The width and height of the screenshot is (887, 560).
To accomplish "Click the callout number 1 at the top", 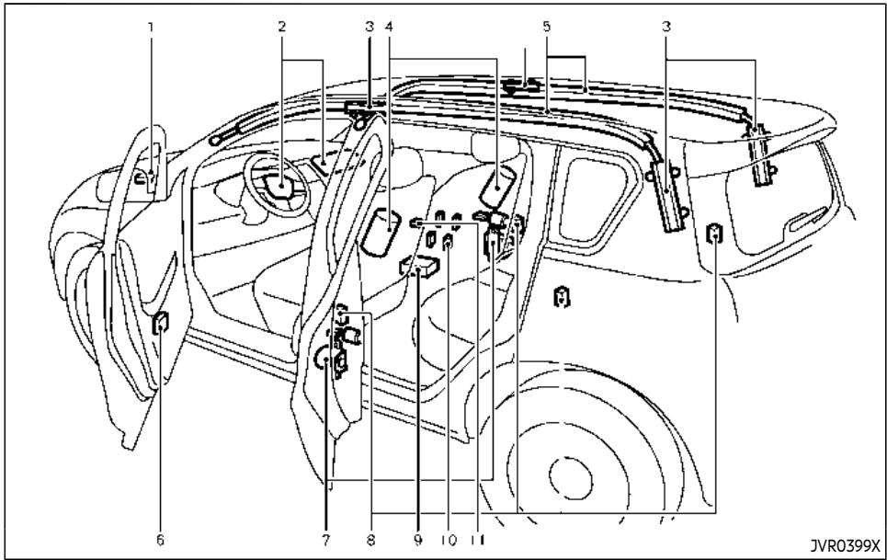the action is coord(151,27).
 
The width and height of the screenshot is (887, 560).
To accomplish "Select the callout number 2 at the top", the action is coord(281,27).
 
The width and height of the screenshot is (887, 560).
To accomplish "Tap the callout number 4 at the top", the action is coord(389,27).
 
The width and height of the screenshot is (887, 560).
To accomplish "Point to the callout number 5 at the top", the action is coord(546,27).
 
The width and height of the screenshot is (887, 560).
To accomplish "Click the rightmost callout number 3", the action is coord(667,27).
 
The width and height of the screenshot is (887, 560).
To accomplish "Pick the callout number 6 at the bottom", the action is coord(160,540).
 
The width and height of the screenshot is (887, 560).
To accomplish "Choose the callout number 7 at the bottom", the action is coord(325,540).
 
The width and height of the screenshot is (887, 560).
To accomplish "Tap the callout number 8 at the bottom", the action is coord(370,540).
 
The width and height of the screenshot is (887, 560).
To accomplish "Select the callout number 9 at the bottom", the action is coord(417,540).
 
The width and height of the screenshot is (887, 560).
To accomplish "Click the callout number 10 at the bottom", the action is coord(448,540).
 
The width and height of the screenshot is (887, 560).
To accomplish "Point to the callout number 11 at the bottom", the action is coord(478,540).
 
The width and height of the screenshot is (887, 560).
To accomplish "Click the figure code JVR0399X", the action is coord(845,546).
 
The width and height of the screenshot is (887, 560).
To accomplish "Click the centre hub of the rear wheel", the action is coord(570,480).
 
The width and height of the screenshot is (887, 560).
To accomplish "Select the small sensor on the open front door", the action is coord(161,323).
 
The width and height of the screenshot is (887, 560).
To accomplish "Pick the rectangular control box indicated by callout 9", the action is coord(420,266).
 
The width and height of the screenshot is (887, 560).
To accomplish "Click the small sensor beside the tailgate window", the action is coord(715,233).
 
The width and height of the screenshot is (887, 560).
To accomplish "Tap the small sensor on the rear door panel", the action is coord(562,297).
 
